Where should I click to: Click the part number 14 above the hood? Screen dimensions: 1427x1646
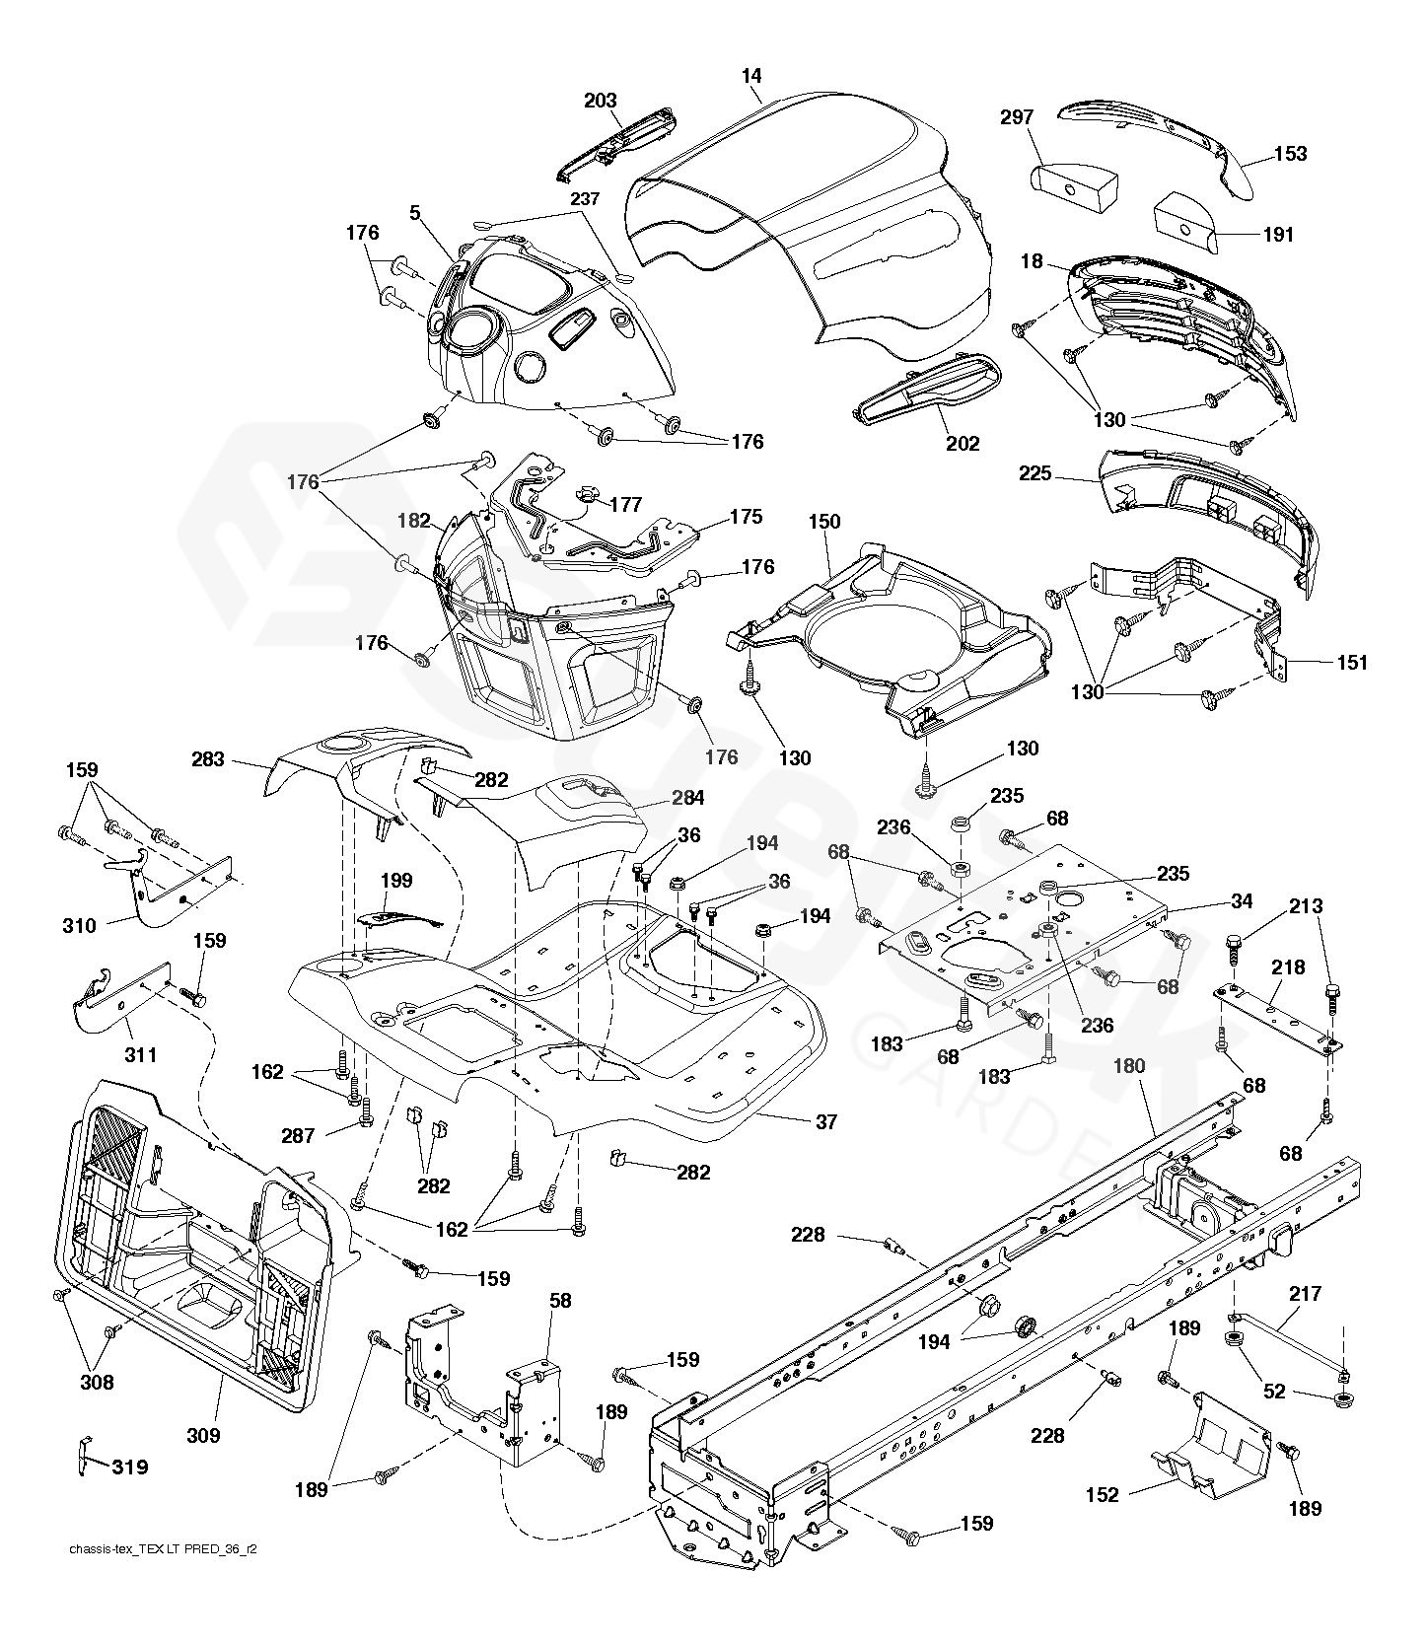point(753,77)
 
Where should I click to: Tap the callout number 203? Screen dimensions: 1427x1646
point(601,101)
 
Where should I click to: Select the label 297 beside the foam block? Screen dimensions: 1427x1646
point(1017,117)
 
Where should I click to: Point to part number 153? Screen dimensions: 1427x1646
point(1291,153)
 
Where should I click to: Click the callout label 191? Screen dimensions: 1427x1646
point(1278,235)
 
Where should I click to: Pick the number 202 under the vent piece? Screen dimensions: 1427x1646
point(963,444)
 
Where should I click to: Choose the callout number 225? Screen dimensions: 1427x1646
point(1036,474)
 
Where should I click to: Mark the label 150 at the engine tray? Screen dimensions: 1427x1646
point(824,521)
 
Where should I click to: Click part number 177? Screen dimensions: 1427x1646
point(626,505)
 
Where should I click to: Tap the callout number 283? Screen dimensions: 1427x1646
point(209,759)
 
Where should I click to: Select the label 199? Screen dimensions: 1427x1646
point(396,881)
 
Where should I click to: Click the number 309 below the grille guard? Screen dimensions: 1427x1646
point(204,1436)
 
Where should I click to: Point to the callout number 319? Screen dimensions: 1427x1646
point(129,1467)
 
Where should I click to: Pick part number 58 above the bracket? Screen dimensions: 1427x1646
point(560,1302)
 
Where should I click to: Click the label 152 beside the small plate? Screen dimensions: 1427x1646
point(1103,1495)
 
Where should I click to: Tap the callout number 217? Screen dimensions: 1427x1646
point(1306,1293)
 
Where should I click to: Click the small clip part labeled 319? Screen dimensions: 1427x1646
point(85,1457)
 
